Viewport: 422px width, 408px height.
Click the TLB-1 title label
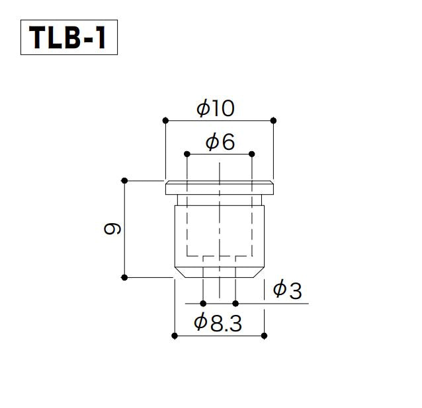67,38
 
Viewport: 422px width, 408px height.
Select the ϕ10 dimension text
216,108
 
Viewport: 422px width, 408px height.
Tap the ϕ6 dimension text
220,142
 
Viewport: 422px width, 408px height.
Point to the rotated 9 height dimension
112,229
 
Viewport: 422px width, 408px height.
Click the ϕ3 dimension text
288,290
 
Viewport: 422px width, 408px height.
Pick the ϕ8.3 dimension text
218,322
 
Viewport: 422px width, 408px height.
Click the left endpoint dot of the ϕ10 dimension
165,121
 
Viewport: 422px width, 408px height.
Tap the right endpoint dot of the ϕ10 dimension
273,121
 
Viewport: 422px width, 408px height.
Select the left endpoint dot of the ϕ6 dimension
187,154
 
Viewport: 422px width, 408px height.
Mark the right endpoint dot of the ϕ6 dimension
251,154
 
